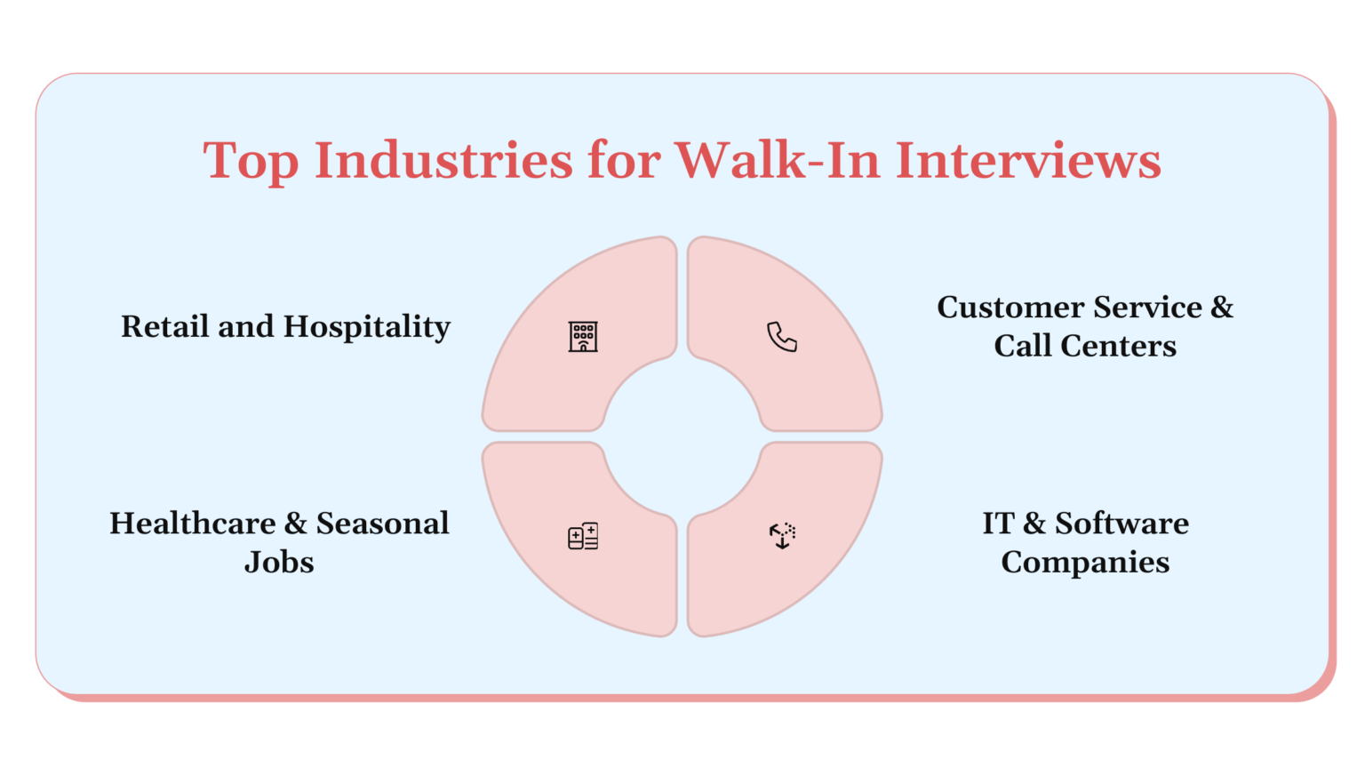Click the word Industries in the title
(x=443, y=161)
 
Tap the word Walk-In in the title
(x=778, y=161)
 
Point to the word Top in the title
(x=251, y=163)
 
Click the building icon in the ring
(x=583, y=337)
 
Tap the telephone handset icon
(x=782, y=337)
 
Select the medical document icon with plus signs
(x=583, y=536)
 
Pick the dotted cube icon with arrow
(x=782, y=535)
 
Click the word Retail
(x=165, y=326)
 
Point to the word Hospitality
(x=367, y=328)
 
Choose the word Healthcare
(x=192, y=524)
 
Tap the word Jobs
(x=279, y=563)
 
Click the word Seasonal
(x=382, y=524)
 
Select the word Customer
(x=1011, y=308)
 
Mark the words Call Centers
(x=1085, y=346)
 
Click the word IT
(x=997, y=524)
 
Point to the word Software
(x=1122, y=524)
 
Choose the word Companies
(x=1085, y=563)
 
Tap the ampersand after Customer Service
(x=1222, y=308)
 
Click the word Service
(x=1147, y=308)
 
